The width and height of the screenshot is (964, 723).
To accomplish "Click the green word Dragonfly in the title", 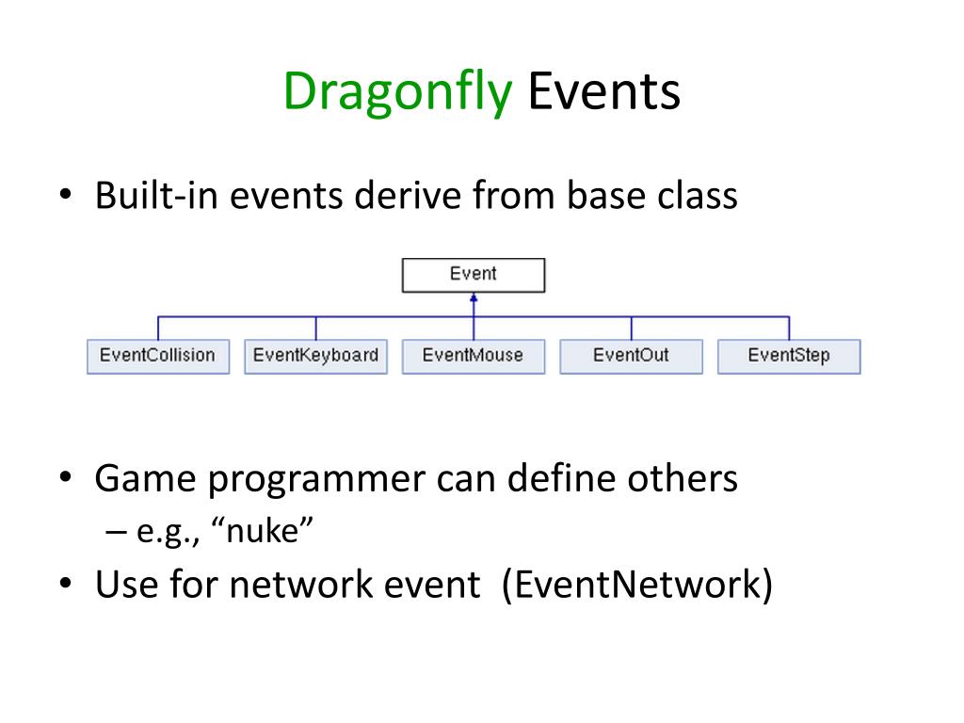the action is pos(397,92).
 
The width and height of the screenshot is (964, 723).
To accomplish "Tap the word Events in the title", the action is pos(603,91).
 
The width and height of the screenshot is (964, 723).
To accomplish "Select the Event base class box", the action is pos(474,275).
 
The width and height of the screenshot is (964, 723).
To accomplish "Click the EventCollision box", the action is pos(158,357).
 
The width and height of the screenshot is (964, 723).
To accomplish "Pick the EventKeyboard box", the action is pos(316,357).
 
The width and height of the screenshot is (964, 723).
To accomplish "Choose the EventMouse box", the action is pos(474,357).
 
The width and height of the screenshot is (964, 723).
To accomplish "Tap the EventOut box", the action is pos(632,357).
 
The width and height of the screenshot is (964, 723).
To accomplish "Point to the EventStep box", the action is pos(790,357).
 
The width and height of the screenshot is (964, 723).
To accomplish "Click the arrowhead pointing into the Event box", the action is pos(474,298).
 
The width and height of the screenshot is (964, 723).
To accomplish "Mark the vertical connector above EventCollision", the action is pos(158,329).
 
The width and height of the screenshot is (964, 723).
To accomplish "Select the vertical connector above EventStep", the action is pos(790,329).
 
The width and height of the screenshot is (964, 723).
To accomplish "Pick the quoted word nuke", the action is pos(263,531).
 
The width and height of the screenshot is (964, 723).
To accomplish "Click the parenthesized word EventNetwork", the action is pos(637,584).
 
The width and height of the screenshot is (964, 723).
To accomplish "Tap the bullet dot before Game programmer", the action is pos(66,477).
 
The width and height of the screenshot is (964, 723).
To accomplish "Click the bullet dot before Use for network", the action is pos(66,583).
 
